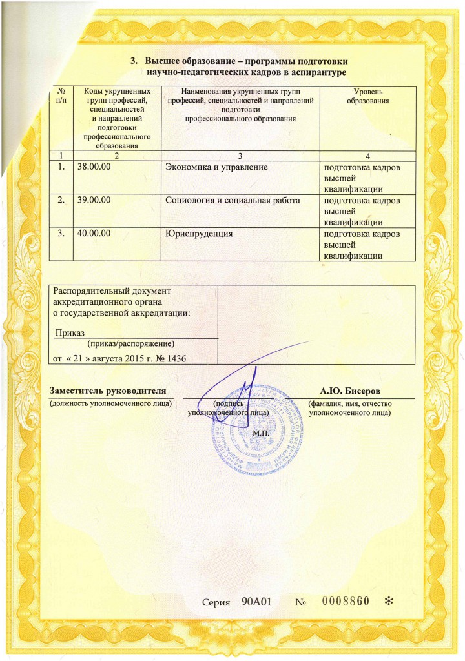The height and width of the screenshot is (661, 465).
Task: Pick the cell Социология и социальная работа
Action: [233, 201]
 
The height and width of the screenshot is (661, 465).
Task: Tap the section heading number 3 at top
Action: [134, 61]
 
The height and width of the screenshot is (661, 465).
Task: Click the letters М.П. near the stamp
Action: [262, 432]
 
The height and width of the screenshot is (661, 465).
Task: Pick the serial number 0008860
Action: [345, 602]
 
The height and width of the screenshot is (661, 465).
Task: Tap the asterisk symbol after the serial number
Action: [389, 602]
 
